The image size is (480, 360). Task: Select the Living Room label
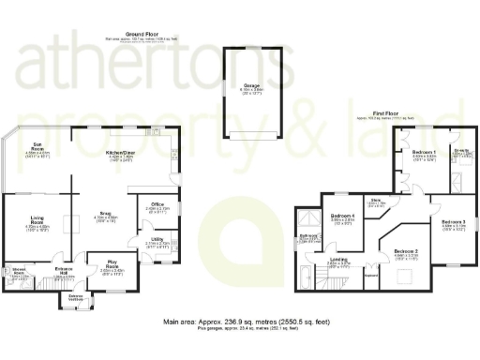36,221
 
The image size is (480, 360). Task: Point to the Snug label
103,213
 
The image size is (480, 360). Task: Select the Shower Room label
18,272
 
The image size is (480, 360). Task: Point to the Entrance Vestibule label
75,297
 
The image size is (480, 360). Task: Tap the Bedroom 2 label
405,252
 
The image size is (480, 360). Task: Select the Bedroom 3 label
453,222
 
